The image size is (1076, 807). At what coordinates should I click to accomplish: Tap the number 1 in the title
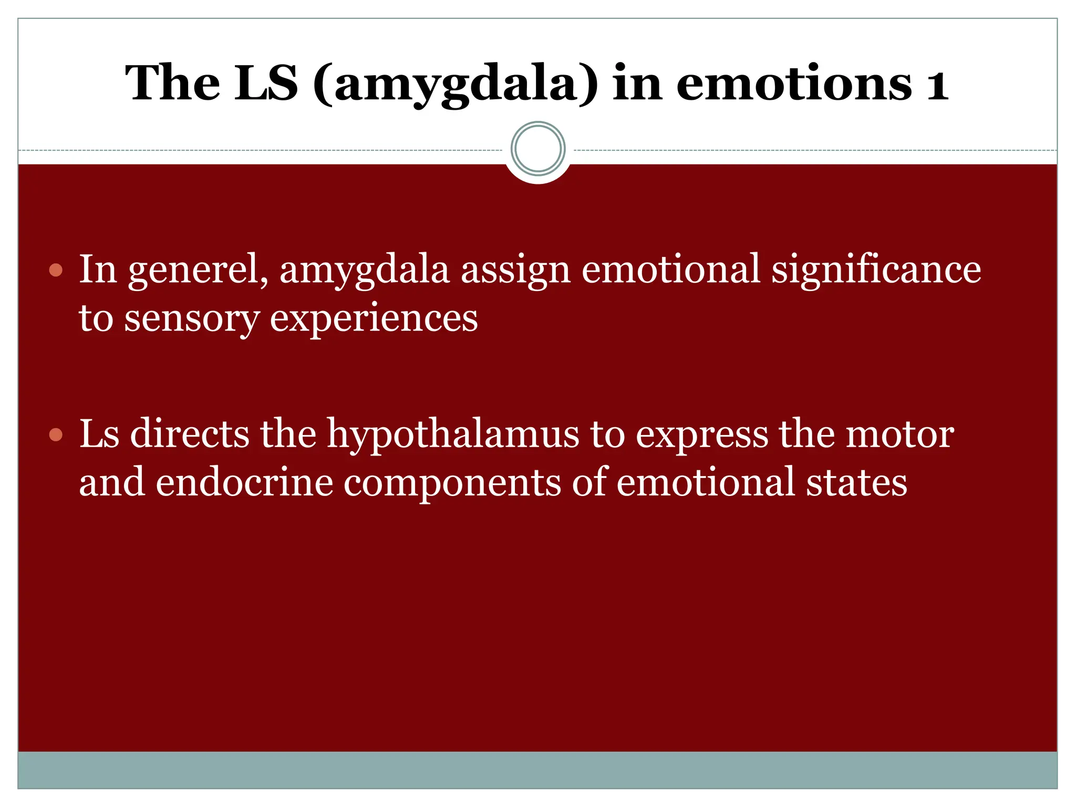937,84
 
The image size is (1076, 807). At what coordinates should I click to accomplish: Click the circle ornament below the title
538,149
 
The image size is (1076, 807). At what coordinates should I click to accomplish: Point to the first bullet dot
56,271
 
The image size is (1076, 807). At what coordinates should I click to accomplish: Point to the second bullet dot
56,435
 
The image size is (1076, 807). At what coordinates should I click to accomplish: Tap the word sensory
192,318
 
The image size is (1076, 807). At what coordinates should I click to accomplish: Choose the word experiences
374,318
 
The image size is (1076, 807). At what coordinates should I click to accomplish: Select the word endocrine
244,482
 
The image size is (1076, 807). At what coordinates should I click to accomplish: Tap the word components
452,482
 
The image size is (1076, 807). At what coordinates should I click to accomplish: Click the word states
856,482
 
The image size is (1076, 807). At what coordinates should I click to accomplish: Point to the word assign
515,269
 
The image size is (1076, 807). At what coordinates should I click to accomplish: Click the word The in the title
173,84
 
